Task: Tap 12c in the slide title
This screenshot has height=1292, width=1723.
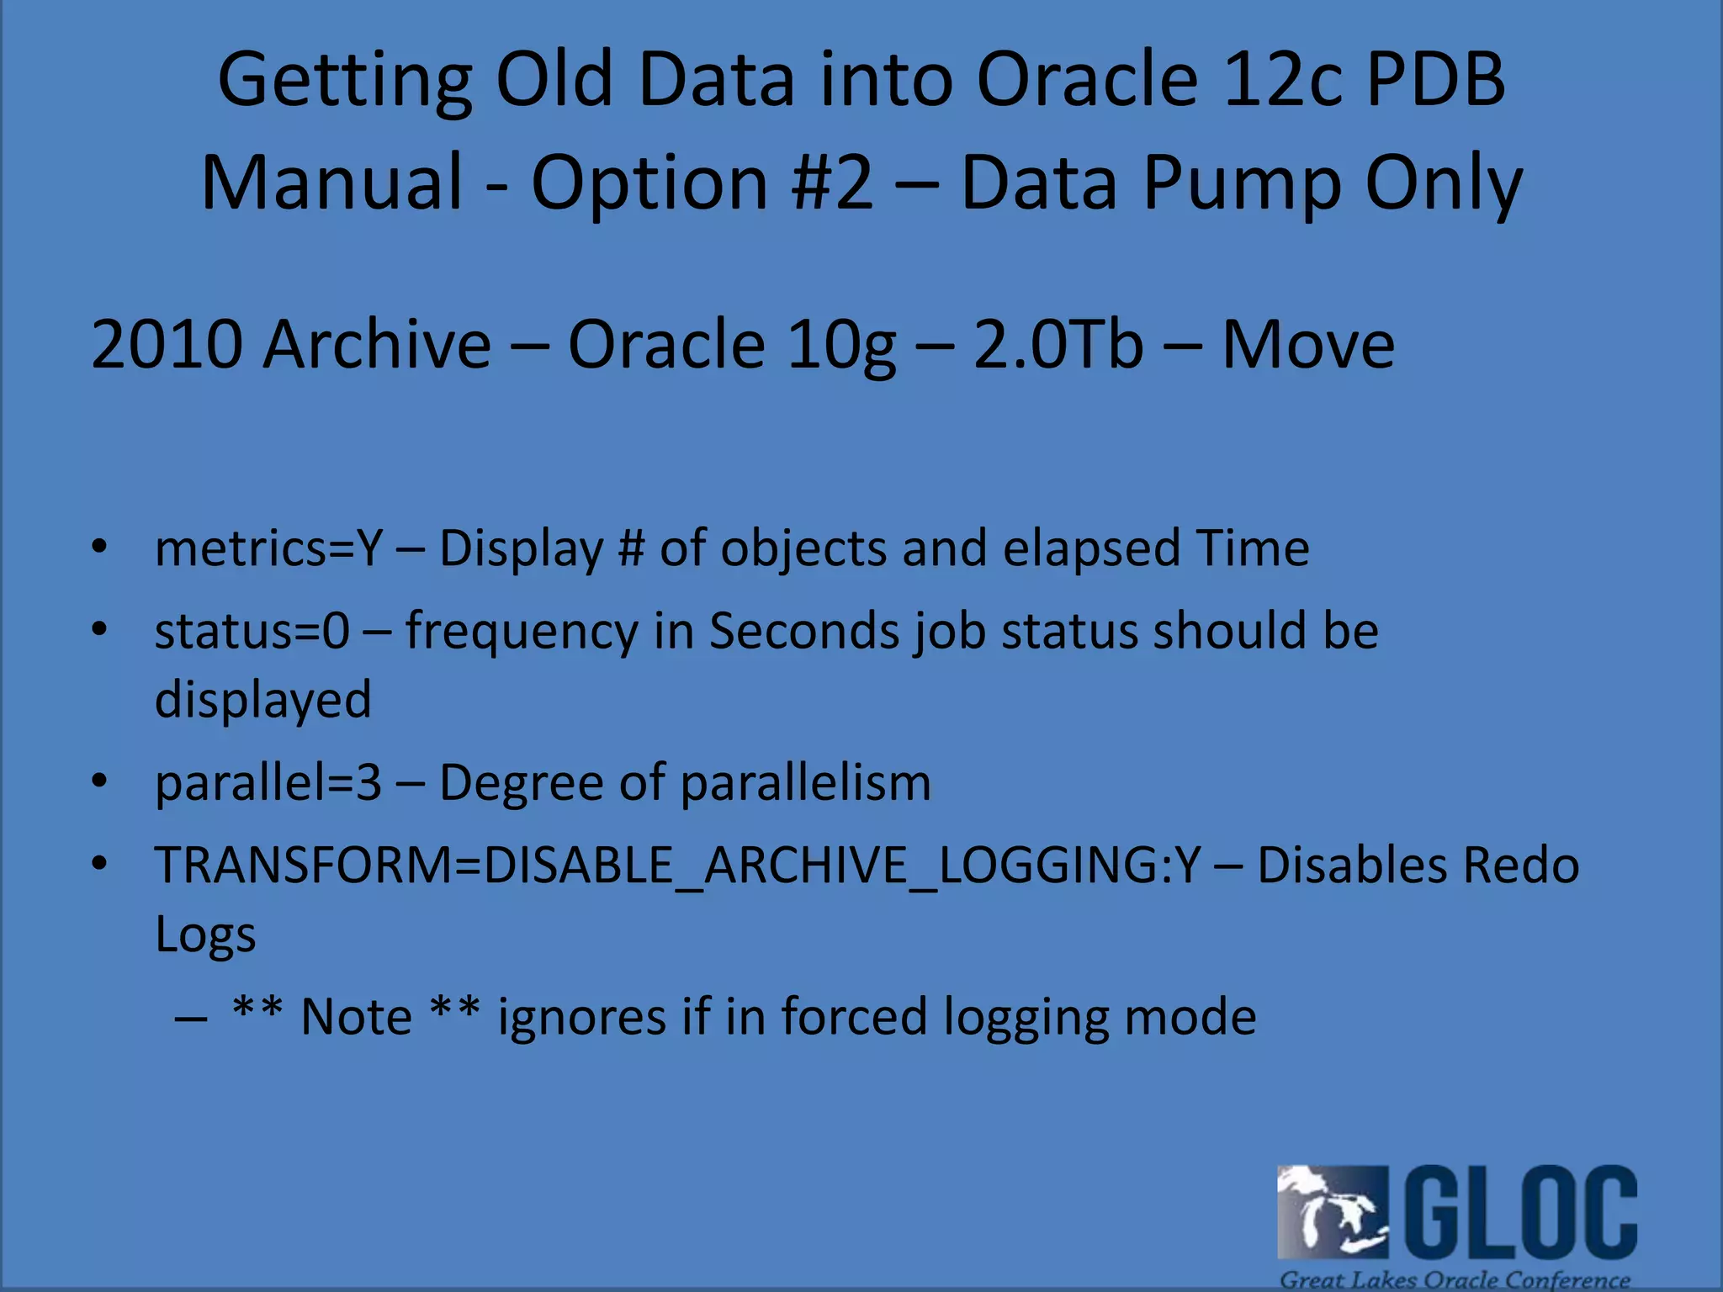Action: click(x=1281, y=80)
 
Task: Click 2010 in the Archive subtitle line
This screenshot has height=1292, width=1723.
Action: click(x=165, y=345)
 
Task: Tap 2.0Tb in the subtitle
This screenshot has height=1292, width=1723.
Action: click(x=1058, y=345)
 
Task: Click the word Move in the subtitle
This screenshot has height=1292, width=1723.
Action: click(x=1308, y=345)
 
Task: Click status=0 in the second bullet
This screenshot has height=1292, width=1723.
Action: click(x=252, y=631)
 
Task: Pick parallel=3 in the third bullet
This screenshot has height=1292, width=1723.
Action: click(x=268, y=782)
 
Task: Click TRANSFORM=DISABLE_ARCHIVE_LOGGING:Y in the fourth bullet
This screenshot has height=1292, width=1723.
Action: click(x=677, y=865)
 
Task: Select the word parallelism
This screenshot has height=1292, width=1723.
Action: click(x=805, y=782)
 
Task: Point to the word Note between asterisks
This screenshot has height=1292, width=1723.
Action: click(x=356, y=1016)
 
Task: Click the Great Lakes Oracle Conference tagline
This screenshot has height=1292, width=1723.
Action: click(x=1455, y=1279)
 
